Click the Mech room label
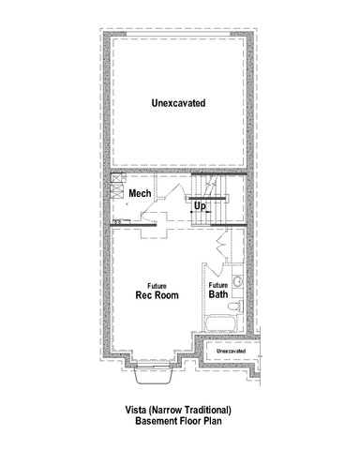click(x=140, y=193)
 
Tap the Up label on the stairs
click(x=200, y=206)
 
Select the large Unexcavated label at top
click(x=178, y=103)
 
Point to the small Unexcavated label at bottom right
click(x=231, y=351)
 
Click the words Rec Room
click(x=157, y=295)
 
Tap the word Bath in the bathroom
click(x=218, y=294)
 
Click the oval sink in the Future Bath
click(x=238, y=281)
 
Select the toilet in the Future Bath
click(x=235, y=306)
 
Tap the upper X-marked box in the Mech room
click(x=116, y=178)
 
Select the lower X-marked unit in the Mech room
click(x=116, y=191)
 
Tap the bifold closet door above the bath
click(x=222, y=245)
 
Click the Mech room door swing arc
click(x=162, y=200)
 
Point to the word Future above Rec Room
click(x=157, y=286)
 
